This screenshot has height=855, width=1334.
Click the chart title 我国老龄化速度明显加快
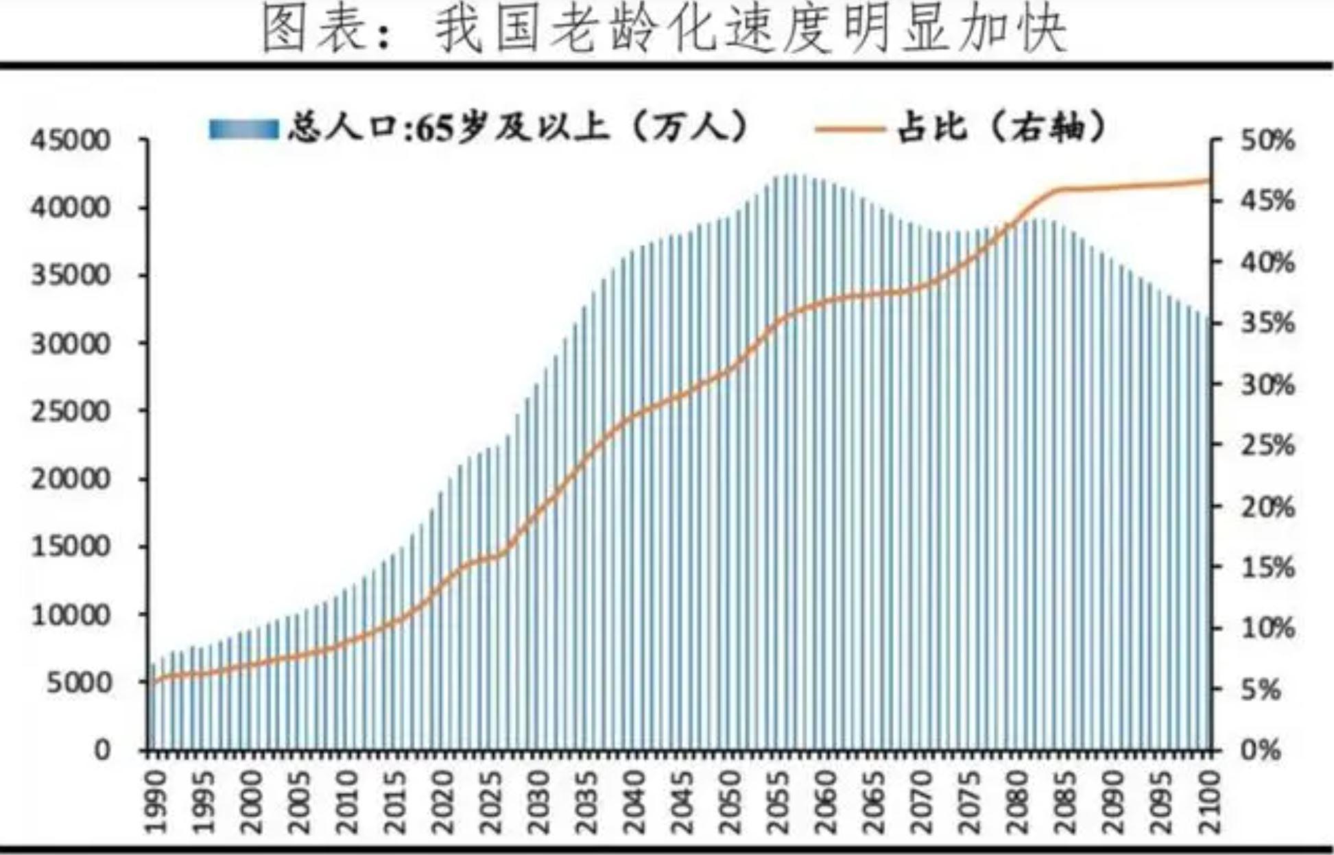pos(665,31)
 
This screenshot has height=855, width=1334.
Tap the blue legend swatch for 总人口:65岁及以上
pos(243,129)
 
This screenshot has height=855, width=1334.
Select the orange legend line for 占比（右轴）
pos(848,128)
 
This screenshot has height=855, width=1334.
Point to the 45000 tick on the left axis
pos(70,141)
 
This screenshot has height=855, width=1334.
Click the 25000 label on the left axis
pos(70,411)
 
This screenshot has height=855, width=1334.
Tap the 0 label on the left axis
pos(102,750)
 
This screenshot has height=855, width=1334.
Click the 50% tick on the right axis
pos(1267,141)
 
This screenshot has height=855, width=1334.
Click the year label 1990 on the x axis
pos(157,801)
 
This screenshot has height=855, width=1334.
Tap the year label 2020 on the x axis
pos(443,801)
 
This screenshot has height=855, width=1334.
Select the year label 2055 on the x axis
pos(777,801)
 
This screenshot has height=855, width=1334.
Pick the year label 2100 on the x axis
pos(1207,801)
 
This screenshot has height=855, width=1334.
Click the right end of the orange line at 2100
pos(1208,181)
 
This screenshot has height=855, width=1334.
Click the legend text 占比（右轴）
pos(1002,128)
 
